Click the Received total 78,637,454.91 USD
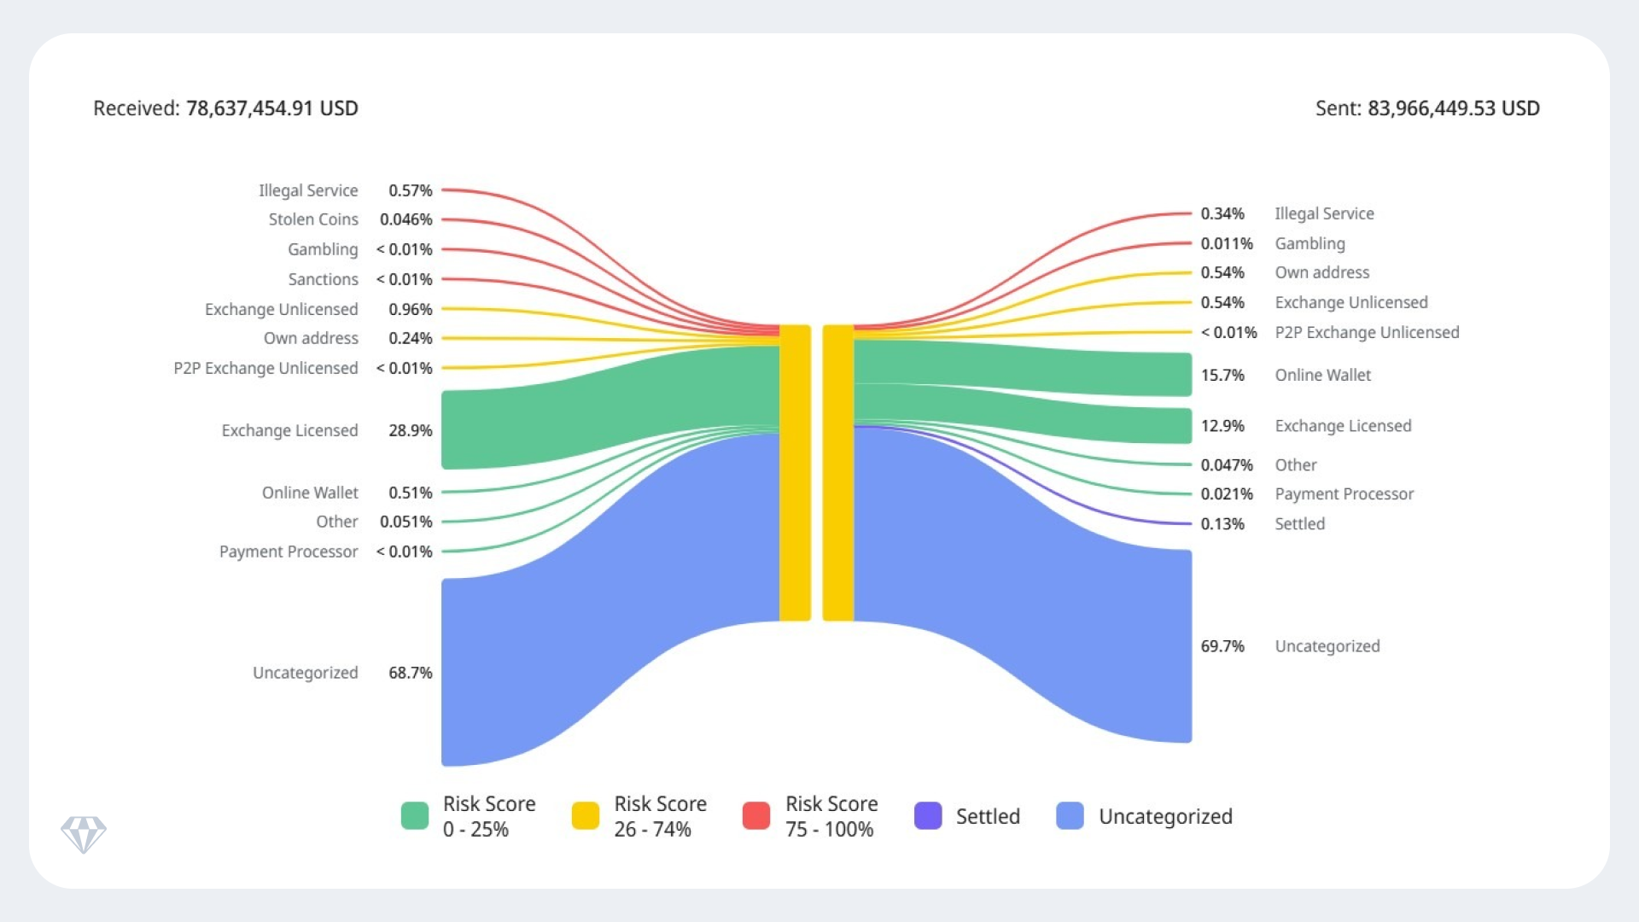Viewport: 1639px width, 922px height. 271,108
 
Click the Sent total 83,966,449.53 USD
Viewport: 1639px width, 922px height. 1453,108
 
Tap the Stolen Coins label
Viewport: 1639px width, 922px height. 313,219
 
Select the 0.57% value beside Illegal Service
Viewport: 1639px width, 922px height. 410,190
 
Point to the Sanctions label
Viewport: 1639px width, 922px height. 323,279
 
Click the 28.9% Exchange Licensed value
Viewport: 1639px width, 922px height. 410,430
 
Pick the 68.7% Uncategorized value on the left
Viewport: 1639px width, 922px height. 410,673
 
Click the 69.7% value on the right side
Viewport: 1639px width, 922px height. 1222,646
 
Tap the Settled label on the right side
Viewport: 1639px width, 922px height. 1299,524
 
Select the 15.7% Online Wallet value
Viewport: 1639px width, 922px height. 1222,375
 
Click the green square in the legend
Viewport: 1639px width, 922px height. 415,816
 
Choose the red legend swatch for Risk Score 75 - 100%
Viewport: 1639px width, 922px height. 756,816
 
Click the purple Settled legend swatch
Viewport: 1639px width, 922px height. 928,816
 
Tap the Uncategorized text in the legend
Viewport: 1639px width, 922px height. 1165,817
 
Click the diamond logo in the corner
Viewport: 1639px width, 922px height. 84,834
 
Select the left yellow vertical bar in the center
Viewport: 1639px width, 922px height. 795,473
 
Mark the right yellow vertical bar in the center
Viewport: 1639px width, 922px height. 838,473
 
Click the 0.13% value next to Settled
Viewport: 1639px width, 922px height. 1222,524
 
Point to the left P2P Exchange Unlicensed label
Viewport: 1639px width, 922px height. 265,368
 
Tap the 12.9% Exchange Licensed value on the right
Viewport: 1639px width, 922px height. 1222,426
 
